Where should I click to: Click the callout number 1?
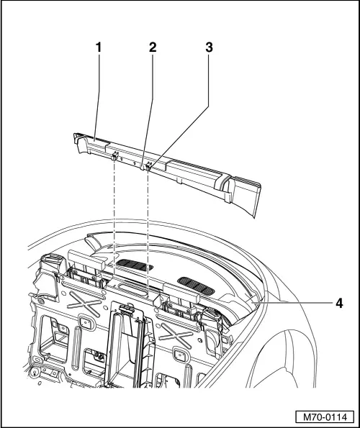coord(99,47)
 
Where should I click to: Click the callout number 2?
coord(152,47)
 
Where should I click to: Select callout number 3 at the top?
coord(210,47)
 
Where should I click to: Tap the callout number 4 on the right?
coord(338,303)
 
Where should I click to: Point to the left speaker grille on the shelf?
coord(133,265)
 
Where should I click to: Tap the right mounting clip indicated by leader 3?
coord(148,168)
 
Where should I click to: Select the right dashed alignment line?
coord(148,230)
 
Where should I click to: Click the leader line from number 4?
coord(288,303)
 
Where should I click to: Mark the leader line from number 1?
coord(97,94)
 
